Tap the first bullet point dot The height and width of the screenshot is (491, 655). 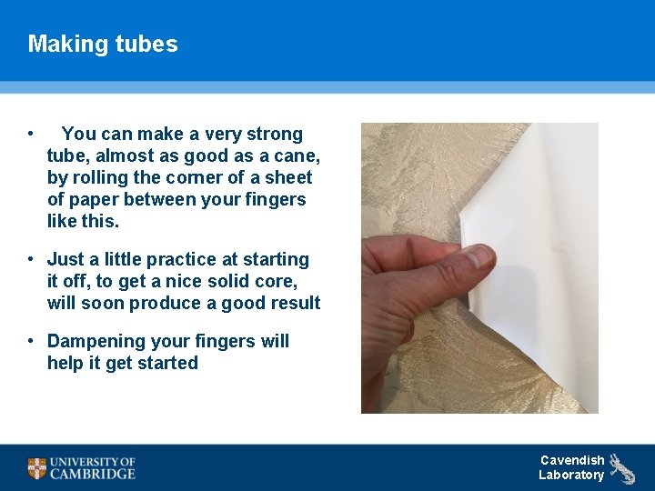click(31, 134)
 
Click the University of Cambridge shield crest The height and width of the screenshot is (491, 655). click(36, 468)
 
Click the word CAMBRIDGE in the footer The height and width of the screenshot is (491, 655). click(93, 474)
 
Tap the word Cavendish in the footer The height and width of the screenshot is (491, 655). click(571, 460)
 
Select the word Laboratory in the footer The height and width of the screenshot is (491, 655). click(570, 475)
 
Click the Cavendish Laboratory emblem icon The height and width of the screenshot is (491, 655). click(623, 467)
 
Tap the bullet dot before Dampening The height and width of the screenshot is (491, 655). click(31, 341)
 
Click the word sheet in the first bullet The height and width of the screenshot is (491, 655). click(288, 177)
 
